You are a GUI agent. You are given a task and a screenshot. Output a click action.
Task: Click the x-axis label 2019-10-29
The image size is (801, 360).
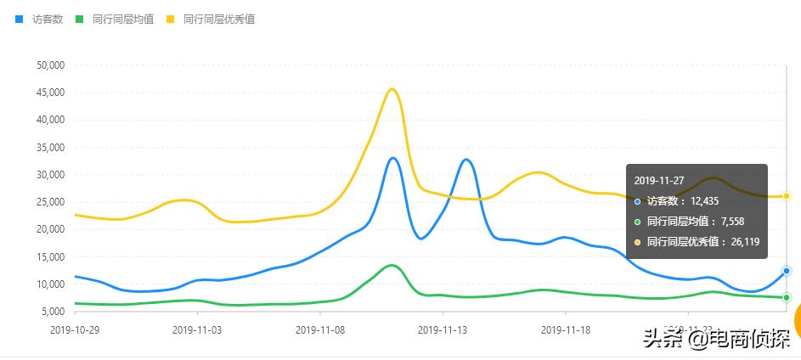(75, 329)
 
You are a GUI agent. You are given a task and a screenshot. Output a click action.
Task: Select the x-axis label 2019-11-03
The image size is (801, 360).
(197, 329)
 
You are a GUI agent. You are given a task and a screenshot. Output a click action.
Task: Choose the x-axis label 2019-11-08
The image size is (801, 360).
(320, 329)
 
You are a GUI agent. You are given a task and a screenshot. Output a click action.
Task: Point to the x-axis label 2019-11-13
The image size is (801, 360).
(443, 329)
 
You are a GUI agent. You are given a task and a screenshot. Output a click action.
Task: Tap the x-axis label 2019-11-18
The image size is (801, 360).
(566, 329)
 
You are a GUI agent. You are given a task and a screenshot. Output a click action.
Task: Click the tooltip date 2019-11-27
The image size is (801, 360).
(659, 180)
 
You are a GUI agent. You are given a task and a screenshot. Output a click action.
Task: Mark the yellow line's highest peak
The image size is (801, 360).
(392, 89)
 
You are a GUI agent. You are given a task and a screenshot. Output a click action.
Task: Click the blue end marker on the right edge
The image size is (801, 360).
(787, 271)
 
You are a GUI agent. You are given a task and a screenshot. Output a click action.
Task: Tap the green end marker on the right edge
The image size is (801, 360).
(787, 297)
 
